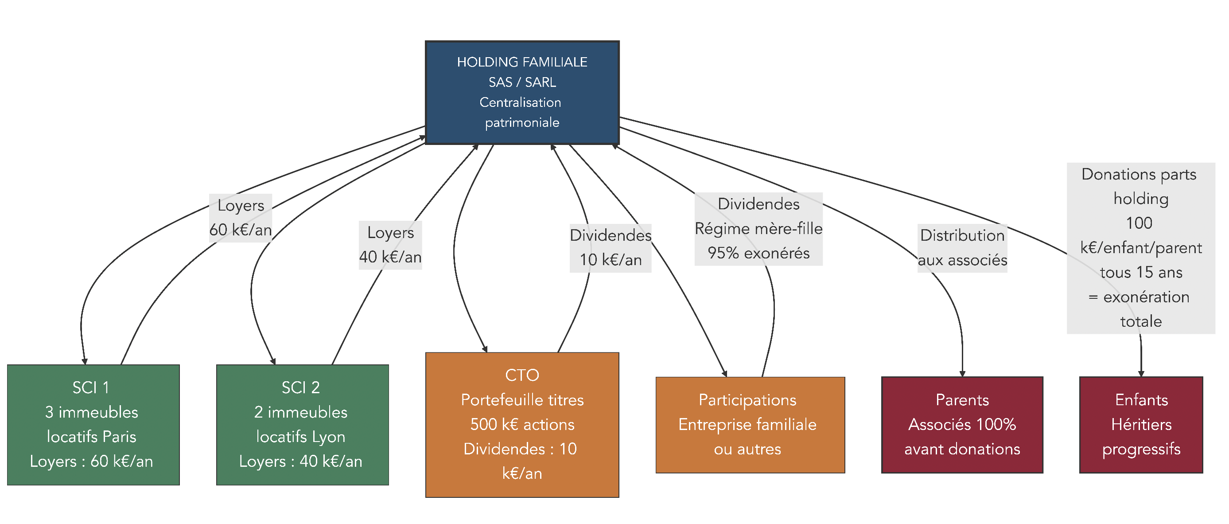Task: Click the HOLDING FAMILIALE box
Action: click(x=522, y=93)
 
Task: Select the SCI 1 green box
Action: click(x=93, y=424)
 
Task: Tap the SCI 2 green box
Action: click(x=302, y=424)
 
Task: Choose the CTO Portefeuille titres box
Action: click(x=522, y=424)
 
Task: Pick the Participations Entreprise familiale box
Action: click(x=750, y=424)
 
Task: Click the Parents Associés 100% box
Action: click(x=962, y=424)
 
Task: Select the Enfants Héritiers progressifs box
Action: click(x=1141, y=424)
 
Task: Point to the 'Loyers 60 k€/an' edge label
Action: click(x=241, y=218)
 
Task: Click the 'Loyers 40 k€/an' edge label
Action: click(x=390, y=245)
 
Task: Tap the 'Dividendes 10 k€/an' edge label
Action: click(x=610, y=248)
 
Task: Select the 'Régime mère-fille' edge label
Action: click(x=758, y=229)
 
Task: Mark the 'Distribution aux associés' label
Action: click(x=962, y=248)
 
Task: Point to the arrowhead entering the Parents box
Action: click(x=962, y=374)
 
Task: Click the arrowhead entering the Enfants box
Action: click(x=1141, y=374)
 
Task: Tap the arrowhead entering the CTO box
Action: click(x=485, y=349)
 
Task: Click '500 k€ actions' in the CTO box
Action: click(x=522, y=424)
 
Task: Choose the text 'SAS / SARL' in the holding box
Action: click(x=522, y=82)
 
